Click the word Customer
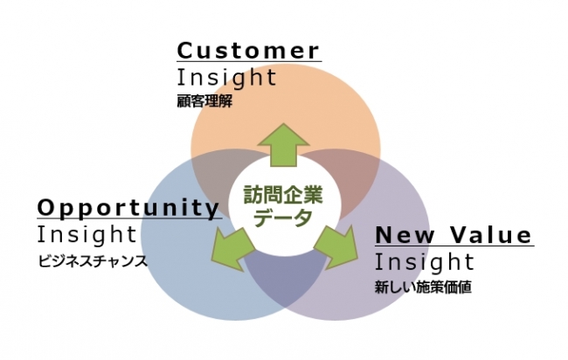pos(248,51)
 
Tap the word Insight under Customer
pos(227,77)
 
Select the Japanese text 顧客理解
pos(204,101)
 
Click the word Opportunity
pos(128,208)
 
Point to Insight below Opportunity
pos(87,234)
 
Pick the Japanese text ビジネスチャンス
pos(93,261)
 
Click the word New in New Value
pos(405,235)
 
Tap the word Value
pos(491,235)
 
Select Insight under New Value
pos(424,261)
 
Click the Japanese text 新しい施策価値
pos(423,287)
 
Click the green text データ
pos(282,218)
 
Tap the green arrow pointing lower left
pos(232,248)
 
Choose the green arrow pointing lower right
pos(336,247)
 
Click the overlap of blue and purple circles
pos(286,279)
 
